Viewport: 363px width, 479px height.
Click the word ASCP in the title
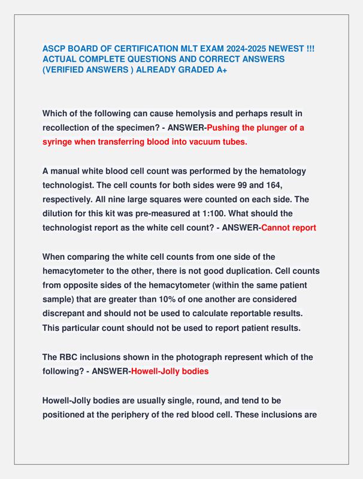click(55, 49)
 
